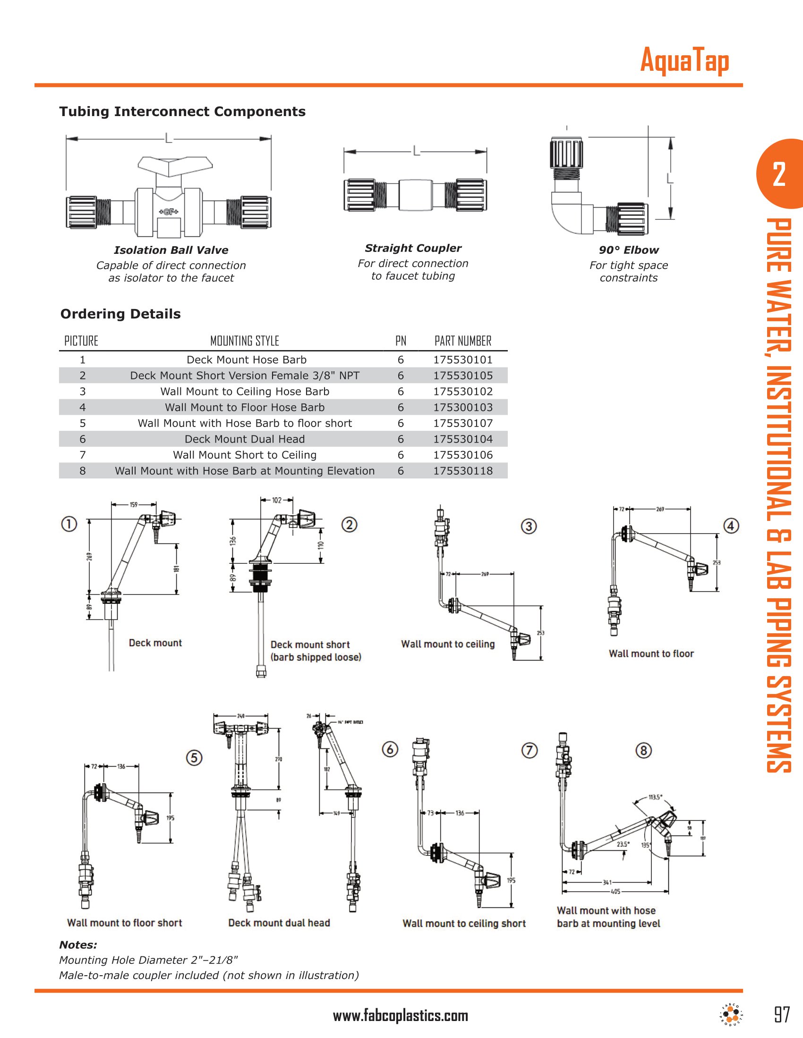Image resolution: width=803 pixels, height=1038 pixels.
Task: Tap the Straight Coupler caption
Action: pyautogui.click(x=413, y=248)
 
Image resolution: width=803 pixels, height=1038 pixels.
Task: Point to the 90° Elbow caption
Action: pyautogui.click(x=628, y=250)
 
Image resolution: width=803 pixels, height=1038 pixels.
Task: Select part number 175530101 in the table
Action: pyautogui.click(x=462, y=360)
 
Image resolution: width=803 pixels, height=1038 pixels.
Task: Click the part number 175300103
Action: pyautogui.click(x=462, y=407)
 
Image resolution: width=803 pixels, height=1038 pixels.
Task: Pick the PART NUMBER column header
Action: pyautogui.click(x=462, y=341)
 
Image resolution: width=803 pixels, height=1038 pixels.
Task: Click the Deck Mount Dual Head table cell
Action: pyautogui.click(x=245, y=439)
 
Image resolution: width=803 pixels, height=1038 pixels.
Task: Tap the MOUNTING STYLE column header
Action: pyautogui.click(x=245, y=341)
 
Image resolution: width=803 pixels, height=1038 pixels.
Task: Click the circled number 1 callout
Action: pyautogui.click(x=69, y=524)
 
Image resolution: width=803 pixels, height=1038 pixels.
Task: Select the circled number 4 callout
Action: pyautogui.click(x=731, y=526)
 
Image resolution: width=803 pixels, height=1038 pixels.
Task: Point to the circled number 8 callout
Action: pyautogui.click(x=644, y=751)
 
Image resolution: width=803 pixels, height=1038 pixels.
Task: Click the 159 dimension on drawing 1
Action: pyautogui.click(x=134, y=505)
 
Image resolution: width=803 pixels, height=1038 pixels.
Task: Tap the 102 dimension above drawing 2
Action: pyautogui.click(x=276, y=500)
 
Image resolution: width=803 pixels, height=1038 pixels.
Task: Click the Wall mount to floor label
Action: pyautogui.click(x=651, y=653)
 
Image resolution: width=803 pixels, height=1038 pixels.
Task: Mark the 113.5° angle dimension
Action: pyautogui.click(x=655, y=797)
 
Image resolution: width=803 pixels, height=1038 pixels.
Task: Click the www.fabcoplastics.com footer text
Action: pyautogui.click(x=401, y=1016)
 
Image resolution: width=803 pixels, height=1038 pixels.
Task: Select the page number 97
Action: pyautogui.click(x=782, y=1015)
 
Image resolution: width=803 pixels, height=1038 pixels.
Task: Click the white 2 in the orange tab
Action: pyautogui.click(x=779, y=175)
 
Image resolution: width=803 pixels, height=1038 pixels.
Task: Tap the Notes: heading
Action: pyautogui.click(x=78, y=945)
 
